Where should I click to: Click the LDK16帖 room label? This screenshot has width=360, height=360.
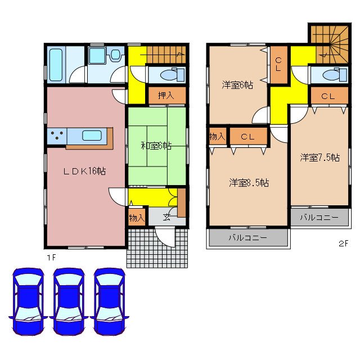coord(85,171)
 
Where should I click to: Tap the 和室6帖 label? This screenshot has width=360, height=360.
coord(155,146)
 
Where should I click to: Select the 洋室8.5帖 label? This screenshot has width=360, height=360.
coord(248,182)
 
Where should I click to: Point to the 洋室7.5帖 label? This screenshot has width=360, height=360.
coord(319,158)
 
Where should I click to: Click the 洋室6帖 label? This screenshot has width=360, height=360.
coord(237,85)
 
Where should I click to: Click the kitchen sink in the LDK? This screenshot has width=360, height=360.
coord(92,135)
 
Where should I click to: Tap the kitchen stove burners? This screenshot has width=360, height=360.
coord(57,135)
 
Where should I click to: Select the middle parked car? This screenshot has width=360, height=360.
coord(69,302)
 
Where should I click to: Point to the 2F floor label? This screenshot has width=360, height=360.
coord(343,244)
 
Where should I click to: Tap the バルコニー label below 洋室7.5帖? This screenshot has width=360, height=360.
coord(319,217)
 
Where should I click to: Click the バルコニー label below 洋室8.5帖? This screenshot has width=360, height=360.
coord(248,238)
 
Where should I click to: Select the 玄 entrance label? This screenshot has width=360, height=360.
coord(166,218)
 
